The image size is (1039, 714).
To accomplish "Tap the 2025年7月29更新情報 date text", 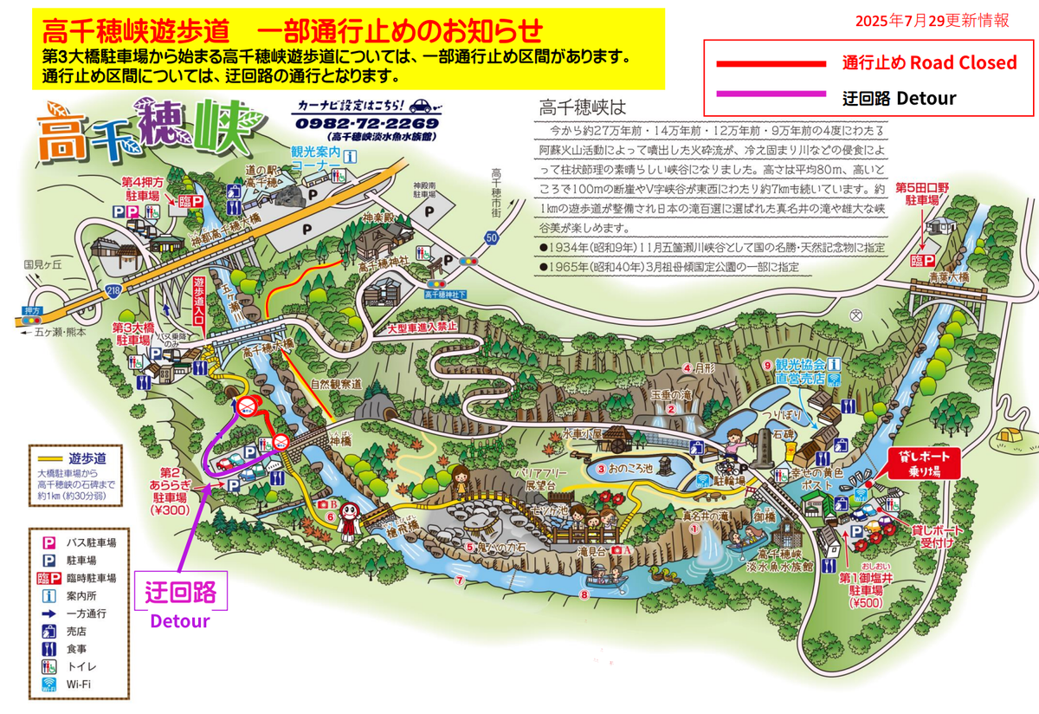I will pos(931,22).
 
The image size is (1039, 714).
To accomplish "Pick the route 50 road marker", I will pos(492,235).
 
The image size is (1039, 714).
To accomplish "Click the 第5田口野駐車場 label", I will pos(922,193).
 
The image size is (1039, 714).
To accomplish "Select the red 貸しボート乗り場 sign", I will pos(926,464).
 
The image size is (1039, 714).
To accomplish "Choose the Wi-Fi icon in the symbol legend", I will pos(48,685).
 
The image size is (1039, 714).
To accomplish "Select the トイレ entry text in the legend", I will pos(81,666).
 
